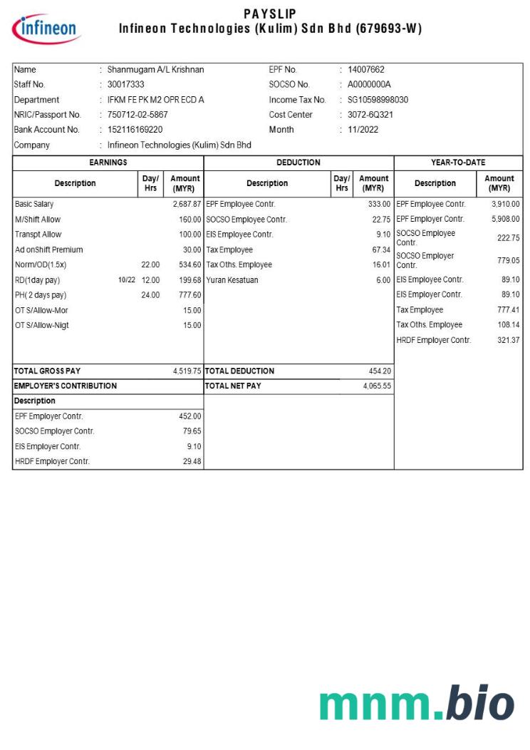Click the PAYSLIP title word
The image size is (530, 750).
pos(270,14)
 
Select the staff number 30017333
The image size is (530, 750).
pos(125,85)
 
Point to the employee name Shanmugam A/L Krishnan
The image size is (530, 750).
pos(155,70)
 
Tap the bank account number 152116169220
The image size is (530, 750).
pos(135,130)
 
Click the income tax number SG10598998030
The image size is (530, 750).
pos(378,100)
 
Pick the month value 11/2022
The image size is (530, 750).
pos(363,130)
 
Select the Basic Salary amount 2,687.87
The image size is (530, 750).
pos(187,205)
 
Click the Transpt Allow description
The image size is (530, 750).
pos(38,235)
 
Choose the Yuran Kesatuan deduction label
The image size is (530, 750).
pos(232,280)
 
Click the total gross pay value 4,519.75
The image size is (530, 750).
pos(187,371)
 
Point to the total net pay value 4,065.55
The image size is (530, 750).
pos(376,386)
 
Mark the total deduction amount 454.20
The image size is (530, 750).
pos(379,371)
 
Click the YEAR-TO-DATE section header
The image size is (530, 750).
pos(458,163)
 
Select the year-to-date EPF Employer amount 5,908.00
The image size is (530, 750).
pos(505,220)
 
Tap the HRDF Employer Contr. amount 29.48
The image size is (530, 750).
pos(192,462)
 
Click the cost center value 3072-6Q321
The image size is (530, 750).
pos(370,115)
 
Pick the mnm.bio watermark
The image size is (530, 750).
pos(416,705)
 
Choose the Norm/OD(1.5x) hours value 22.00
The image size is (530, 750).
pos(150,265)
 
